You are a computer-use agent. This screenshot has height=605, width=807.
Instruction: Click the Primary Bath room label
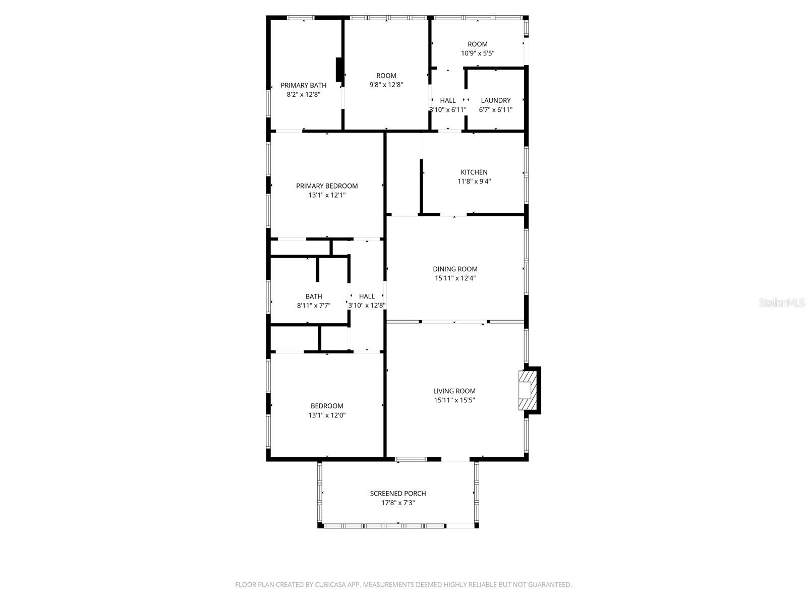(x=303, y=85)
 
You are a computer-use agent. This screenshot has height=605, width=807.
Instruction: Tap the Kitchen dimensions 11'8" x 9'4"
(x=474, y=181)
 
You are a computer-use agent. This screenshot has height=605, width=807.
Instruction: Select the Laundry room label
(x=495, y=100)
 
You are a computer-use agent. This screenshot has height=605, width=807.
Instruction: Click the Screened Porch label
(x=398, y=494)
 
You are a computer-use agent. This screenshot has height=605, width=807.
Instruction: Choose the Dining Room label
(x=455, y=269)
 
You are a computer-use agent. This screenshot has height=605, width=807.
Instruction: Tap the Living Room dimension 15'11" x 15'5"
(x=454, y=400)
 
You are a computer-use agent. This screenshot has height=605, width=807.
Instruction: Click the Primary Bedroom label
(x=327, y=186)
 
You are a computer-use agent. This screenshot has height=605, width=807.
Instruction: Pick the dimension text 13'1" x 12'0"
(x=327, y=415)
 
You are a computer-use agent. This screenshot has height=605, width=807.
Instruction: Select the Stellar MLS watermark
(x=782, y=303)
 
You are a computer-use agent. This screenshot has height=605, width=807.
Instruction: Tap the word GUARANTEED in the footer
(x=549, y=585)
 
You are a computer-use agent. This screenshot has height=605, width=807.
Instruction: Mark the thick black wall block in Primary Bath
(x=339, y=70)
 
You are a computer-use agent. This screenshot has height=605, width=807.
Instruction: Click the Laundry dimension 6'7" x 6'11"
(x=495, y=109)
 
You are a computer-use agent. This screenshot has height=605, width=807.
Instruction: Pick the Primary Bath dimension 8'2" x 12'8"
(x=303, y=94)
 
